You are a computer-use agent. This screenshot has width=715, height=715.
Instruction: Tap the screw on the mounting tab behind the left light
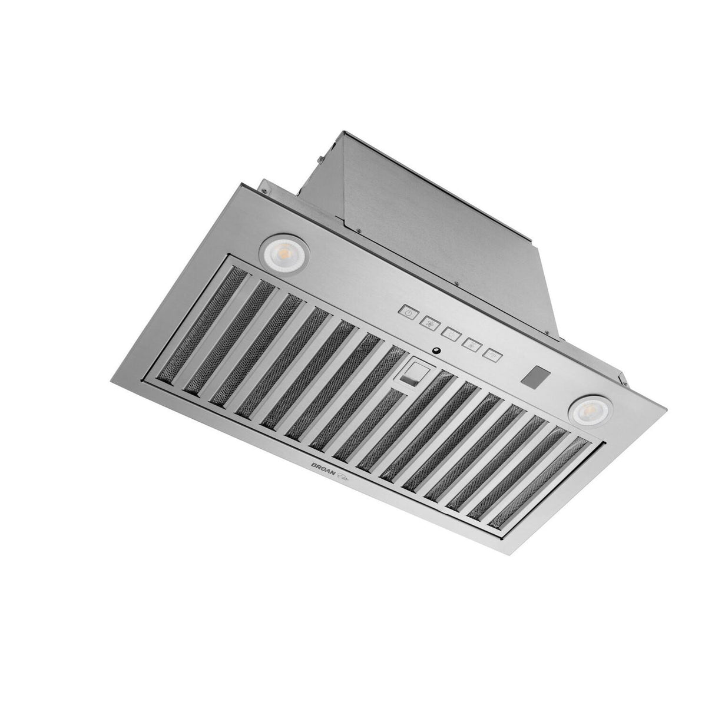click(264, 190)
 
